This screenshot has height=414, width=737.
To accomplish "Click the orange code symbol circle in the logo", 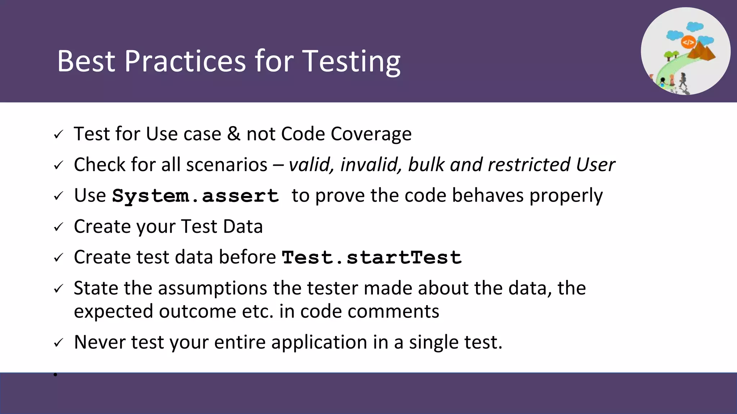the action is pyautogui.click(x=688, y=42).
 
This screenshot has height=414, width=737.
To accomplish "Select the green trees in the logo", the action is pyautogui.click(x=671, y=55).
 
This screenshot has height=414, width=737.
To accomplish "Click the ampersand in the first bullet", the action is pyautogui.click(x=234, y=134).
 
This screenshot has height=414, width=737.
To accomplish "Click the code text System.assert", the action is pyautogui.click(x=195, y=196).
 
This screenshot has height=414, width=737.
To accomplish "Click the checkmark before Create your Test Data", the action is pyautogui.click(x=58, y=227).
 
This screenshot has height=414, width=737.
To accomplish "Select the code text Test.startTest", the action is pyautogui.click(x=371, y=258).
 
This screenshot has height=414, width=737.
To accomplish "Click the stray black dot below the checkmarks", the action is pyautogui.click(x=55, y=375).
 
